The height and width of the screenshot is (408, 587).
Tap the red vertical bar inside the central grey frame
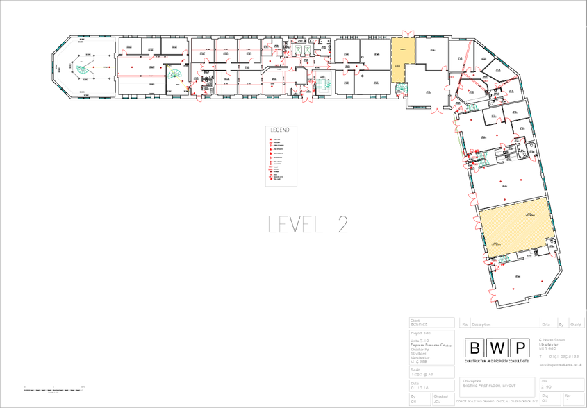coord(272,158)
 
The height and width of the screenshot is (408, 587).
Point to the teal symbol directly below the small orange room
coord(402,88)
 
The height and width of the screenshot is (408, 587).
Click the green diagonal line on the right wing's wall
coord(458,139)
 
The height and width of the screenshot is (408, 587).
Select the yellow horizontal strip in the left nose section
coord(104,67)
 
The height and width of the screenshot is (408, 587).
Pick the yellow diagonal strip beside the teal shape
coord(180,79)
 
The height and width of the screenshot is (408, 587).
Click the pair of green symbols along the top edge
coord(302,50)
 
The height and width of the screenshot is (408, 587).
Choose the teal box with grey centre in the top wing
coord(324,85)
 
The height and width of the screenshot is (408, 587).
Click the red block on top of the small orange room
coord(408,32)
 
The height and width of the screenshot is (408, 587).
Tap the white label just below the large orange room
coord(531,258)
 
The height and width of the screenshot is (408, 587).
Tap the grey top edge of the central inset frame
coord(281,126)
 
